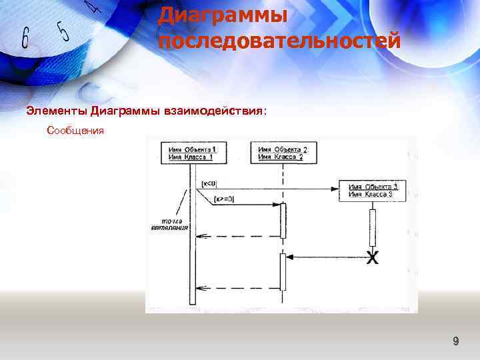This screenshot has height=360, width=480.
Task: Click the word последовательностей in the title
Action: point(279,41)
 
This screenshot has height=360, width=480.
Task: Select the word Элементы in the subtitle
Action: point(57,110)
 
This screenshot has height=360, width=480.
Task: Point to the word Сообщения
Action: point(75,131)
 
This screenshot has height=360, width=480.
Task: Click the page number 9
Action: point(456,342)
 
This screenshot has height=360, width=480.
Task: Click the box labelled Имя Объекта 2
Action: point(282,153)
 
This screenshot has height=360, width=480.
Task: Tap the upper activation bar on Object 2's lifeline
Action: point(283,221)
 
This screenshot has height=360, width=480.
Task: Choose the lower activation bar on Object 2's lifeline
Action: point(283,271)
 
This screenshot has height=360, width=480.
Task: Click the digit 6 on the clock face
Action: point(25,39)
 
